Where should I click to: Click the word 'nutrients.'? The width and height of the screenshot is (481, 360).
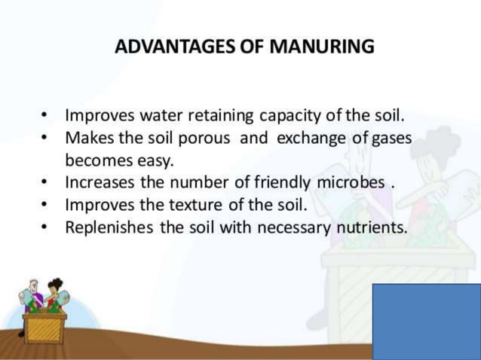click(x=370, y=226)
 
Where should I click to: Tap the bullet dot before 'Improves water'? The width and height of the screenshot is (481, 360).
click(x=47, y=117)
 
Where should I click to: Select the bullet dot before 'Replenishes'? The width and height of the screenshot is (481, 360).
click(x=47, y=227)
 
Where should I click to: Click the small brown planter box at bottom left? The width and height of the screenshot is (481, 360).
click(x=44, y=325)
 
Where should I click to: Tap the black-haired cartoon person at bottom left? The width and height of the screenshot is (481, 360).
click(x=54, y=294)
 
